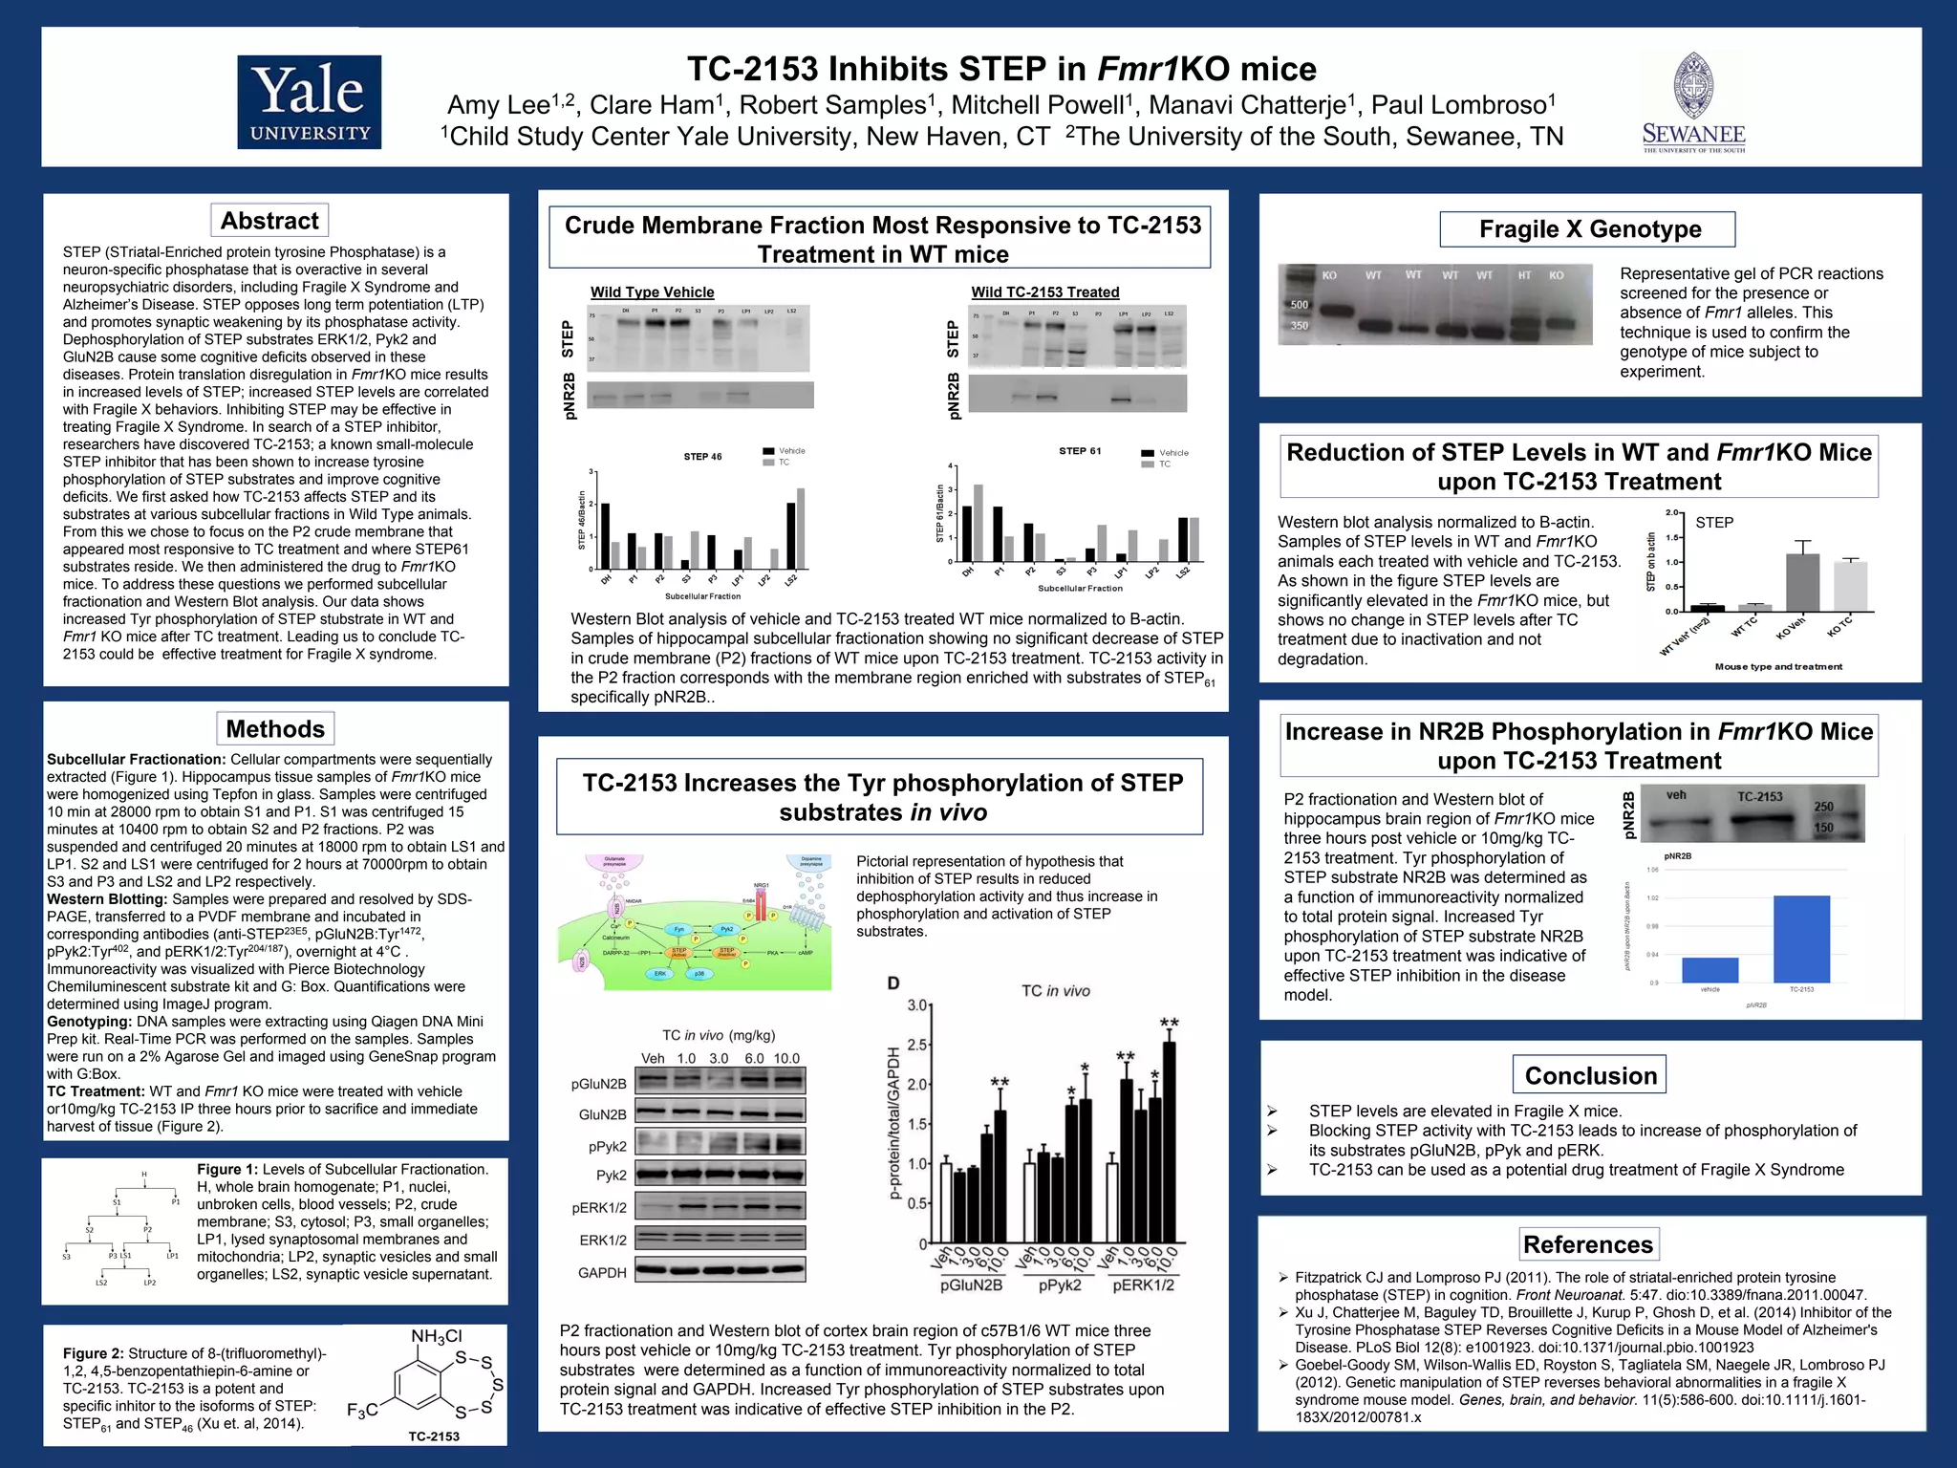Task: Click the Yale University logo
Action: pos(309,102)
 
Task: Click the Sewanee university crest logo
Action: pos(1693,101)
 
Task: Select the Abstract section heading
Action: pos(269,221)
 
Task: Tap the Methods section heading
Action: pos(275,729)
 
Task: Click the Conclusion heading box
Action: pos(1590,1075)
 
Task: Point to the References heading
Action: pos(1587,1244)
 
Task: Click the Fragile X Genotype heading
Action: pos(1589,229)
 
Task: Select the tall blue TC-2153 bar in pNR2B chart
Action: pos(1801,939)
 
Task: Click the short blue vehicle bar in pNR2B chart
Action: pos(1710,969)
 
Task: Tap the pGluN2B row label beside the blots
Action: pos(598,1084)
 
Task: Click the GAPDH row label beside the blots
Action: pos(602,1273)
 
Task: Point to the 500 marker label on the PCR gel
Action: pos(1300,305)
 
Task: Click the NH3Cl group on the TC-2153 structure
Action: pos(437,1336)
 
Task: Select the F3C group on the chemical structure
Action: pos(362,1411)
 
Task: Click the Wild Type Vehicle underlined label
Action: pos(652,292)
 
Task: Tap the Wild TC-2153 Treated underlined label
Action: pos(1044,292)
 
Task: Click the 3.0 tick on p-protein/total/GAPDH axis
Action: pos(916,1005)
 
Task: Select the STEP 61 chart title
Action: pos(1080,451)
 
